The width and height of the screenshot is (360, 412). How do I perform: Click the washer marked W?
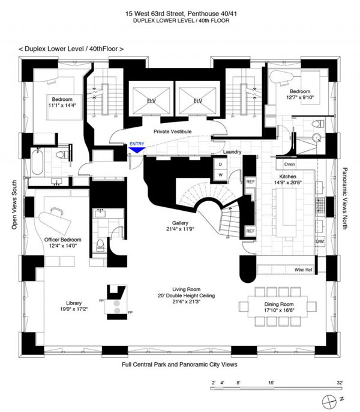220,175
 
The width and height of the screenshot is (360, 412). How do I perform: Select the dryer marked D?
220,163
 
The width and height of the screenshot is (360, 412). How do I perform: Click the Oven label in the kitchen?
289,164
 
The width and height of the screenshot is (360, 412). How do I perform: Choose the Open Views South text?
13,204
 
